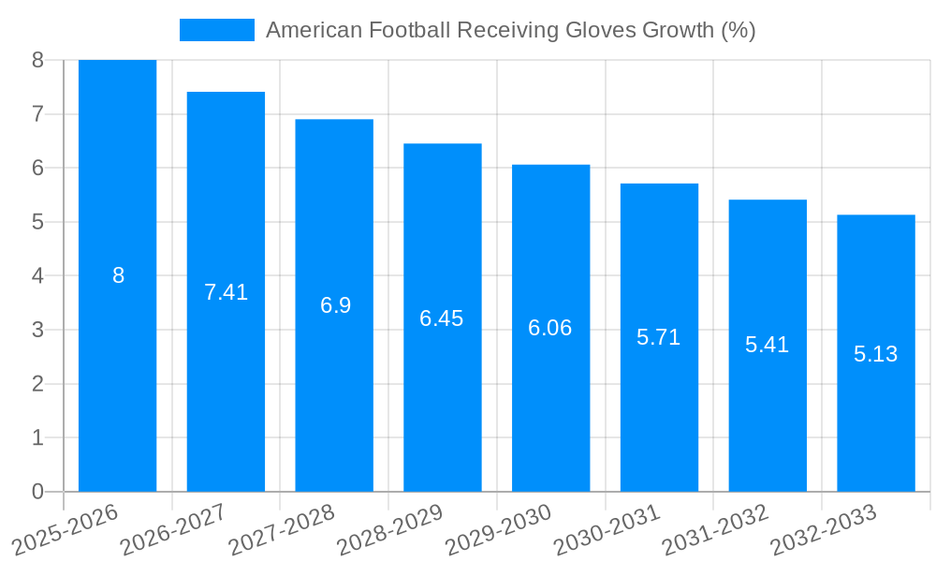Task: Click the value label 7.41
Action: point(226,292)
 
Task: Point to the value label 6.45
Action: point(442,318)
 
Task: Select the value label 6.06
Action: point(550,328)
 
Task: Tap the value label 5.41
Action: point(767,345)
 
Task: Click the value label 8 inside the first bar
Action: point(118,275)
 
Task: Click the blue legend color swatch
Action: point(216,30)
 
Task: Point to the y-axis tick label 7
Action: point(37,114)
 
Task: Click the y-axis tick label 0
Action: point(37,492)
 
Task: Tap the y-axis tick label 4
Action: point(37,276)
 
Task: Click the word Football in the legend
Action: point(410,30)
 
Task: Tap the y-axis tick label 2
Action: point(37,384)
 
